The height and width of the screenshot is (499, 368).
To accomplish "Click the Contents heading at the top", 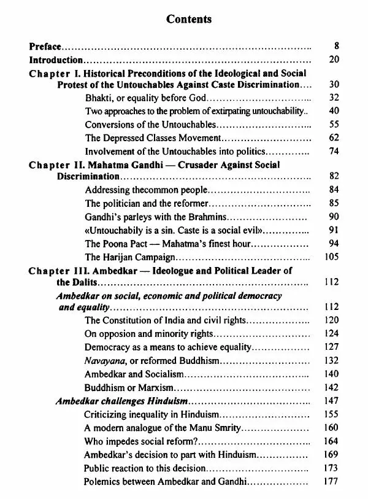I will pyautogui.click(x=189, y=19).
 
